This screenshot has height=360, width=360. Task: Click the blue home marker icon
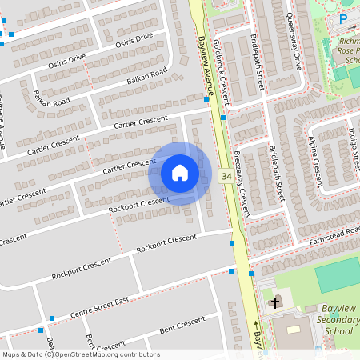(180, 173)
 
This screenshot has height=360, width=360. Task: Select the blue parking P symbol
(343, 18)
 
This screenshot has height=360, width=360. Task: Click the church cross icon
(275, 302)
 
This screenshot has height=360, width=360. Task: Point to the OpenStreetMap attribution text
(80, 354)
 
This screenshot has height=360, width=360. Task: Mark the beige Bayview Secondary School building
(294, 328)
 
